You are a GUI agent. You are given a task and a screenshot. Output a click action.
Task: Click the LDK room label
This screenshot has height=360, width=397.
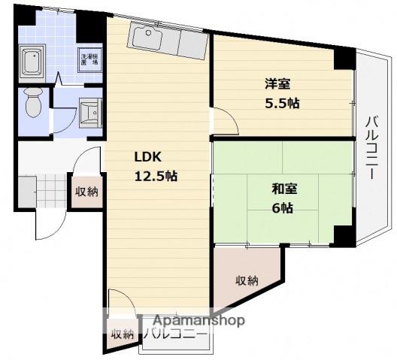pos(147,158)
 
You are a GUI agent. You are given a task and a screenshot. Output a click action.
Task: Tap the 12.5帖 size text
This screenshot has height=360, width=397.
pos(156,177)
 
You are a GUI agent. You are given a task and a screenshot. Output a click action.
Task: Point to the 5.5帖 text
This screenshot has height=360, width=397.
pos(283,103)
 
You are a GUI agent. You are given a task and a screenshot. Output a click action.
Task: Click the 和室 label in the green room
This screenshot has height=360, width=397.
pos(283,189)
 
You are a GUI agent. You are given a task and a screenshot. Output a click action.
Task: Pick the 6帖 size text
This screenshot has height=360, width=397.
pos(283,208)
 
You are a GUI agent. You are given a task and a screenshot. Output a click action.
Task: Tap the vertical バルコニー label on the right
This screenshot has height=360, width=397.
pos(371,147)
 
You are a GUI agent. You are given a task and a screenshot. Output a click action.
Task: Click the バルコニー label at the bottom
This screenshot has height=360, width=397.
pos(175,334)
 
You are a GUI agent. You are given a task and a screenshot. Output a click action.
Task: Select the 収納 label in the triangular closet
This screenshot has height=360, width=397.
pos(247,281)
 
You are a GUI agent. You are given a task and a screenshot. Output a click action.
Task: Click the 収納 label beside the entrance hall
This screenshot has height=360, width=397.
pos(86,191)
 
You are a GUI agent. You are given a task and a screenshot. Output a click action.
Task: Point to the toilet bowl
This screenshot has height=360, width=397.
pos(32,103)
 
